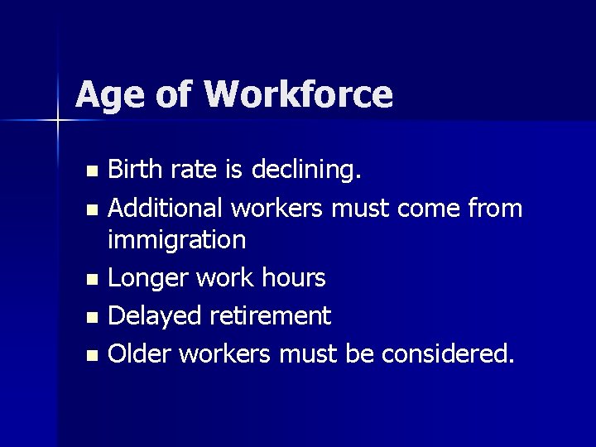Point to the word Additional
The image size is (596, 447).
point(162,208)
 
